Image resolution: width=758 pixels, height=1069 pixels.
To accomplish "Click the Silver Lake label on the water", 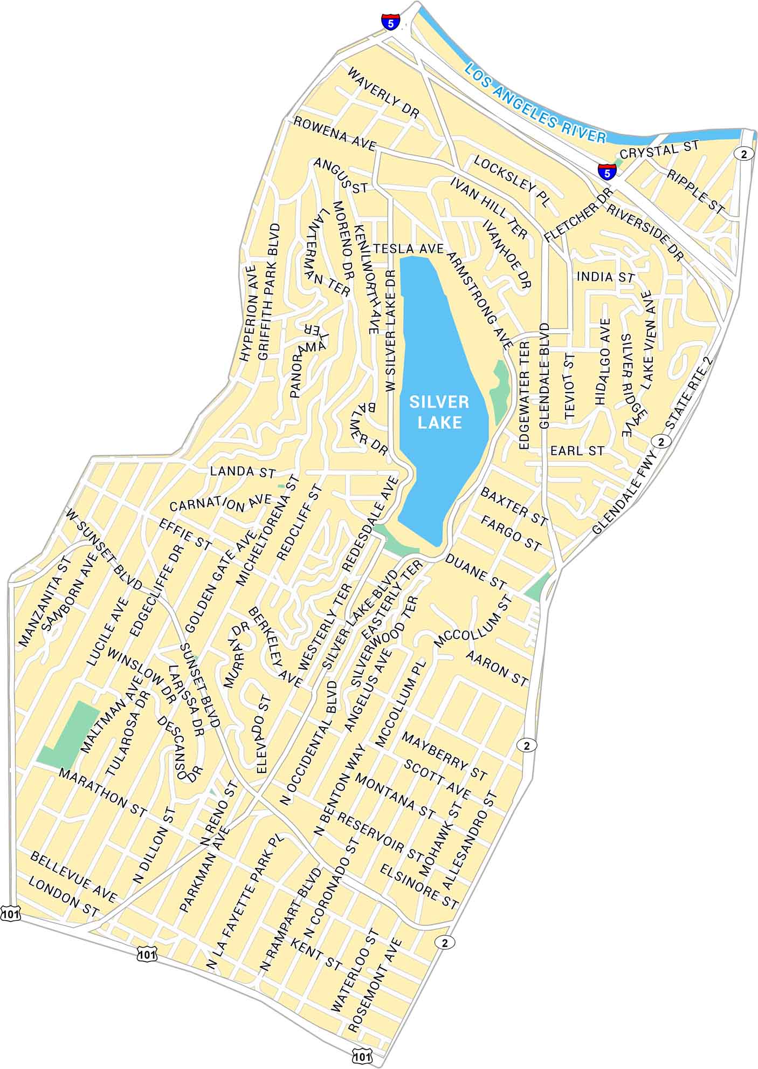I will coord(439,412).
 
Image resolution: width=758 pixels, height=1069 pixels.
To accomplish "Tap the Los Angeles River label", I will coord(535,103).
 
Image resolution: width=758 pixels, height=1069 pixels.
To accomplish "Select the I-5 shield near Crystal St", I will coord(607,172).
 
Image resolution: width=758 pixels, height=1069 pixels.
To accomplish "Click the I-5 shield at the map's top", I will coord(390,22).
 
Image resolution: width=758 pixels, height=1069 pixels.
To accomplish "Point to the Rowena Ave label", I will coord(334,134).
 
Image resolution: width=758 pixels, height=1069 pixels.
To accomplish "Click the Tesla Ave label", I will coord(408,249).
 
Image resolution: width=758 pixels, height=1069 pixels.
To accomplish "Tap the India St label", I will coord(605,277).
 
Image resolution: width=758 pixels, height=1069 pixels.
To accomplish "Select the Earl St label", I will coord(577,451).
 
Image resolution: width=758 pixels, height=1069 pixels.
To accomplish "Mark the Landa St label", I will coord(243,471).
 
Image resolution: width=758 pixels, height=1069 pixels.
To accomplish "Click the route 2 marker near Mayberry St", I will coord(527,745).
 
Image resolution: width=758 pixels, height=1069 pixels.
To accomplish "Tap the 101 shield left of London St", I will coord(10,913).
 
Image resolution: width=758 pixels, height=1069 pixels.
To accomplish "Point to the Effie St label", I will coord(185,533).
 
